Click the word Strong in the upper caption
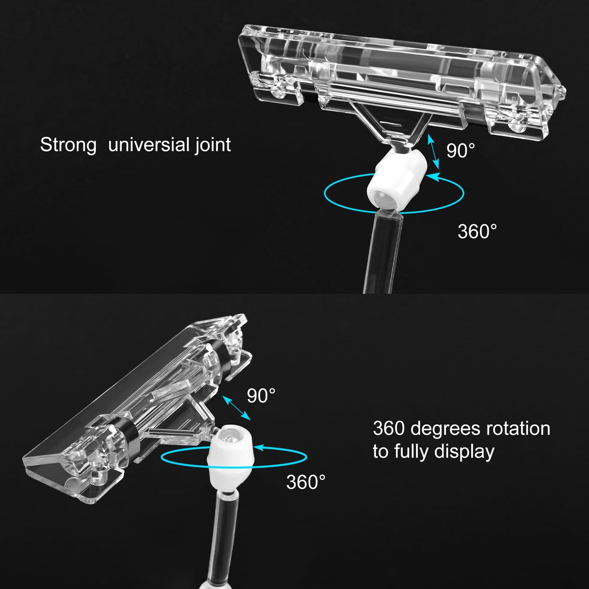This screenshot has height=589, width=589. [x=68, y=145]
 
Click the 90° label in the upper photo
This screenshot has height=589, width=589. [x=460, y=150]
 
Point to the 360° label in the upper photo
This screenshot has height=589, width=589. [x=477, y=232]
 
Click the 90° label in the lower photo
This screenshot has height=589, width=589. [x=261, y=396]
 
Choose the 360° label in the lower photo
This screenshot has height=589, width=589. [x=305, y=482]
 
